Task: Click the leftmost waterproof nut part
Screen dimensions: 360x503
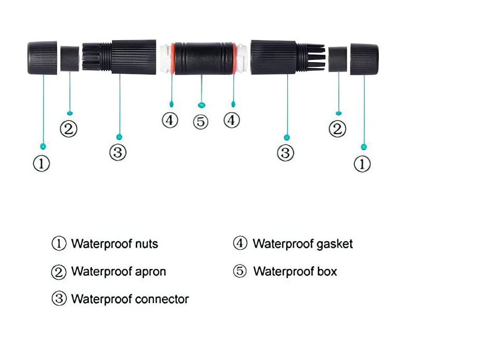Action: [42, 58]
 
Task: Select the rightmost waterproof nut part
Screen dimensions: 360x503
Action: [364, 59]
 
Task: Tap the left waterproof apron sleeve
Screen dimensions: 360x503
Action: [70, 59]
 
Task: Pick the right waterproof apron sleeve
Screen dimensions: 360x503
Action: [337, 59]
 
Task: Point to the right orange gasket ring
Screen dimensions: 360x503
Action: [234, 59]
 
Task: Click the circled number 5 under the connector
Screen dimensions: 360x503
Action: [201, 122]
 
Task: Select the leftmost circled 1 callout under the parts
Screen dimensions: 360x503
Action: [42, 164]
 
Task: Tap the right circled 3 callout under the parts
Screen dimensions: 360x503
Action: [286, 153]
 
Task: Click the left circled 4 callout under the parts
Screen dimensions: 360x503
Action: [170, 120]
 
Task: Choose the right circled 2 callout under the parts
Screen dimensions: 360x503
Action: [337, 129]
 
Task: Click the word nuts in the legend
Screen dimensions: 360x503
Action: [147, 244]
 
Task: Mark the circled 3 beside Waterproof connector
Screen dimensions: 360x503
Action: [59, 299]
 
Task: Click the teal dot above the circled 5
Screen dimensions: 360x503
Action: [201, 105]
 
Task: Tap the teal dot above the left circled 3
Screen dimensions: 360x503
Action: [119, 137]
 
